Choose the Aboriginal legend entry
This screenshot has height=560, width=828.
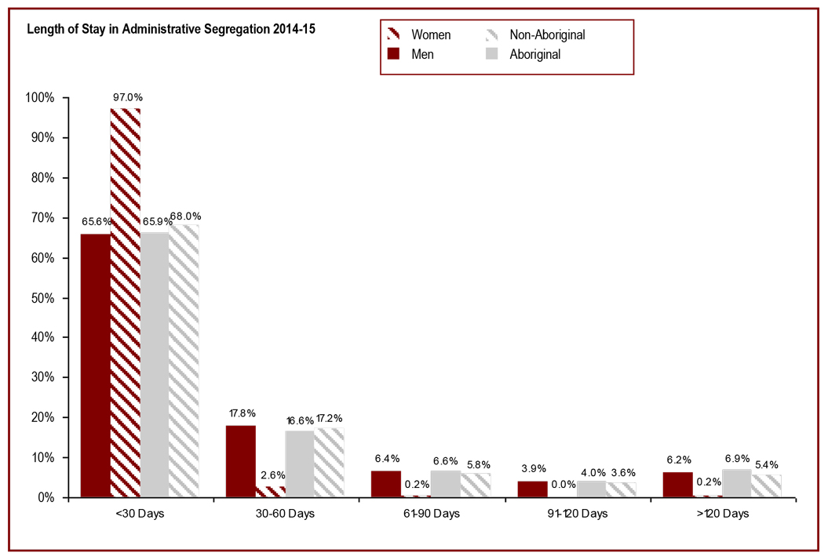pos(534,54)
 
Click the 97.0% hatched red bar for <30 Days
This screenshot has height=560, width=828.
pos(126,302)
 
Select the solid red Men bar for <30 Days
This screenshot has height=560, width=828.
pos(96,365)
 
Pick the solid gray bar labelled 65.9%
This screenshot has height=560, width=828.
pos(155,365)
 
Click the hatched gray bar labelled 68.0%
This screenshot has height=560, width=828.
pos(184,361)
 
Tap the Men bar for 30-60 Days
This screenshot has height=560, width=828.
pos(241,461)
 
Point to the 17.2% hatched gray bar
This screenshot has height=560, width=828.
pos(329,463)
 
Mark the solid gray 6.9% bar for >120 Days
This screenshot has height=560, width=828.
pos(736,483)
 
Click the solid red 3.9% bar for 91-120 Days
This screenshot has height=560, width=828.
pos(532,489)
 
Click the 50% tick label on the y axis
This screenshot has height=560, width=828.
pos(42,298)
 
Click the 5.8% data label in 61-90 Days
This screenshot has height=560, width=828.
pos(475,464)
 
